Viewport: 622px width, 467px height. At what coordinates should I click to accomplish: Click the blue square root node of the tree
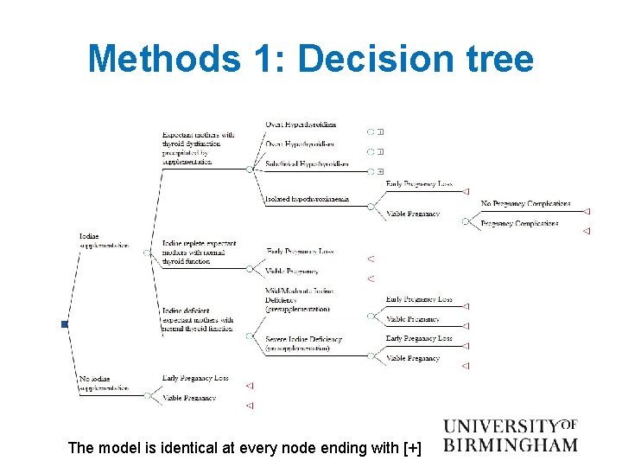[x=64, y=324]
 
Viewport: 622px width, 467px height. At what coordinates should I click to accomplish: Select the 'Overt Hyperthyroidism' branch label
[x=301, y=125]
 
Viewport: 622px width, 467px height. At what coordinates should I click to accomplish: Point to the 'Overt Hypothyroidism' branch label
[x=300, y=144]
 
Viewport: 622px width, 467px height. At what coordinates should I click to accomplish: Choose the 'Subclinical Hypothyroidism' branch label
[x=307, y=163]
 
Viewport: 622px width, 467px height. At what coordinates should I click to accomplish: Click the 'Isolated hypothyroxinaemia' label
[x=307, y=198]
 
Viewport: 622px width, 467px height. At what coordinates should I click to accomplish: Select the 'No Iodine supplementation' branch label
[x=104, y=383]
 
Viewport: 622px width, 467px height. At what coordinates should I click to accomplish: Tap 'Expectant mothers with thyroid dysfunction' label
[x=198, y=148]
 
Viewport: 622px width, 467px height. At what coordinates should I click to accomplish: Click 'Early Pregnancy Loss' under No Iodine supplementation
[x=195, y=378]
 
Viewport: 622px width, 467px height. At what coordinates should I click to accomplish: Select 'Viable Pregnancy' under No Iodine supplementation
[x=188, y=398]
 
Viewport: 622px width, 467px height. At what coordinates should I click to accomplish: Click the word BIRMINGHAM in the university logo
[x=510, y=445]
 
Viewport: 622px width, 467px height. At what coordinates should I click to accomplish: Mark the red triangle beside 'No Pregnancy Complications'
[x=587, y=211]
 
